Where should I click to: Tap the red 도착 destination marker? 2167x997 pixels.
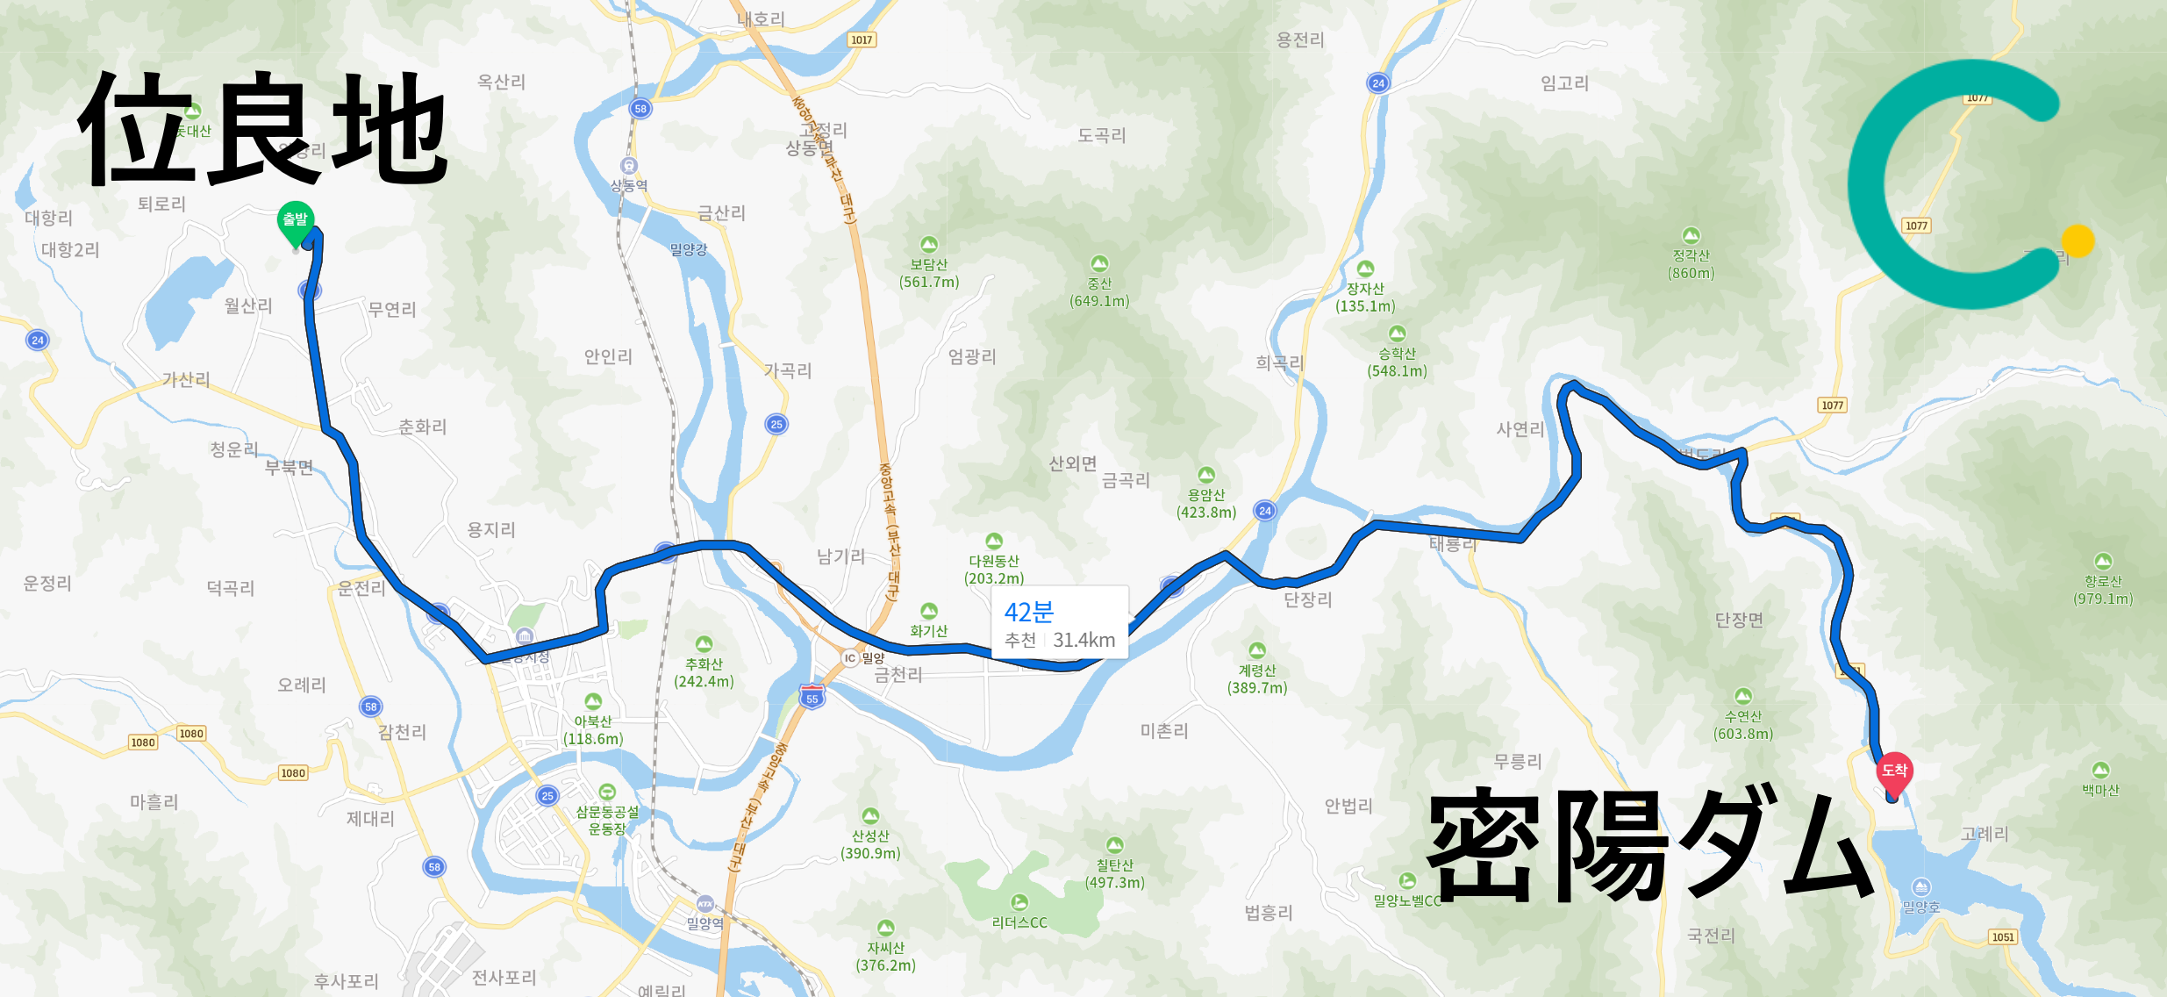(1894, 771)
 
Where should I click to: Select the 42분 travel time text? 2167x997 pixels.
(1028, 612)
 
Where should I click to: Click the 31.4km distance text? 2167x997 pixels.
(1084, 641)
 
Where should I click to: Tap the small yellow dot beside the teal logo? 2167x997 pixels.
(2078, 240)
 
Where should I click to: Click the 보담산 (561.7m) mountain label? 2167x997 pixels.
(929, 272)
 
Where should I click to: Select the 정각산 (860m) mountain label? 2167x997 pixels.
(1691, 263)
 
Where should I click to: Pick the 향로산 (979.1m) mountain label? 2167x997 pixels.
(2103, 589)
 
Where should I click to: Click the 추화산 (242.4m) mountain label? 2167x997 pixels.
(704, 672)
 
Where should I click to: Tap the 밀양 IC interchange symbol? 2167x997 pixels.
(849, 657)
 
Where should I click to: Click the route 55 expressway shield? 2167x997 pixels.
(812, 698)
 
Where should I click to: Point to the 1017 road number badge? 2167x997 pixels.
(862, 39)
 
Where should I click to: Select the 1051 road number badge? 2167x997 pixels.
(2003, 936)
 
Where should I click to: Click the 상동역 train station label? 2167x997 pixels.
(629, 185)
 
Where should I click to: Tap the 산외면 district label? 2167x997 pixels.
(1073, 463)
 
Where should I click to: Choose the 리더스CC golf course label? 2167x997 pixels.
(1019, 922)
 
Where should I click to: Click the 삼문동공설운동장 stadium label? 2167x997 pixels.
(607, 820)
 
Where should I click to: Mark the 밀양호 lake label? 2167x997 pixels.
(1920, 907)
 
